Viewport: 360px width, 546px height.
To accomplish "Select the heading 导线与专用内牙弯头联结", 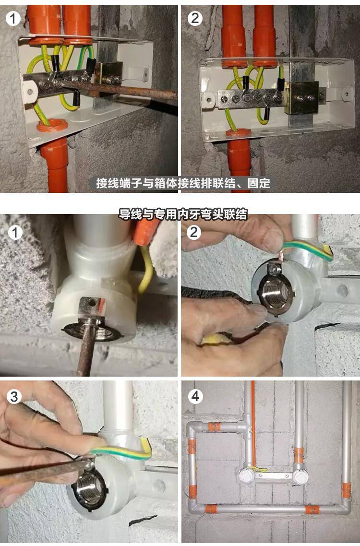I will [183, 214].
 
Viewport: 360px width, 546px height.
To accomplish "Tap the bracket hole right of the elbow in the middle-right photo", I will [343, 291].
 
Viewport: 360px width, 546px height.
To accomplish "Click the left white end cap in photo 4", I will [245, 475].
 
